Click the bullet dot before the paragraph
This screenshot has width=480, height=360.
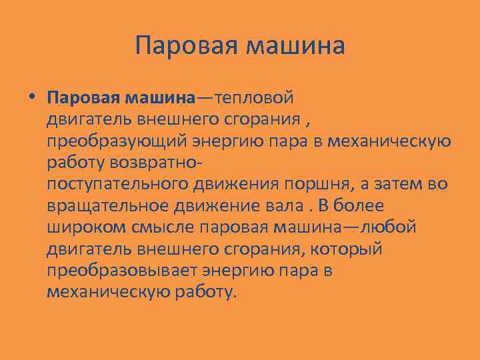[x=31, y=98]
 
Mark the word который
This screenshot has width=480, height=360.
[x=350, y=249]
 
